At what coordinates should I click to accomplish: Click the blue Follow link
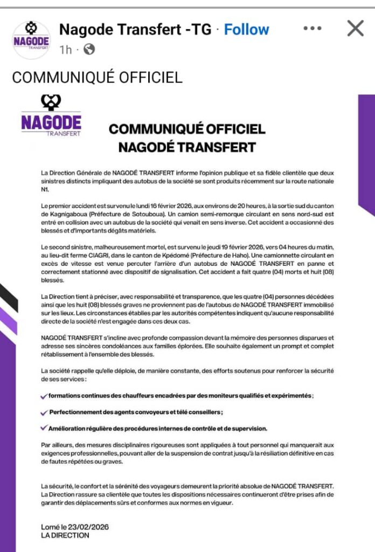point(246,30)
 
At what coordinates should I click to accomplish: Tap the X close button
point(355,28)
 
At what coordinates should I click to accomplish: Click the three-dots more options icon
point(313,29)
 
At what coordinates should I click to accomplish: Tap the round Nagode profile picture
point(31,40)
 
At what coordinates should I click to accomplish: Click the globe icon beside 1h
point(89,50)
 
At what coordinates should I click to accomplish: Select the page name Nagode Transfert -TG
point(135,30)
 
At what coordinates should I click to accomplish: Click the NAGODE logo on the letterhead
point(51,115)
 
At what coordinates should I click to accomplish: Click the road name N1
point(45,190)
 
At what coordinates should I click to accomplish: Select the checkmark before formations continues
point(44,396)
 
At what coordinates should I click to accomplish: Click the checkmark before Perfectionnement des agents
point(44,412)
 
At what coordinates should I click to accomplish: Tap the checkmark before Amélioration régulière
point(44,428)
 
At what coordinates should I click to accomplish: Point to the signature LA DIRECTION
point(65,535)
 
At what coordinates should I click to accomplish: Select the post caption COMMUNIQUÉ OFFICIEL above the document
point(97,78)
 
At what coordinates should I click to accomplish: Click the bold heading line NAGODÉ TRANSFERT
point(187,147)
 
